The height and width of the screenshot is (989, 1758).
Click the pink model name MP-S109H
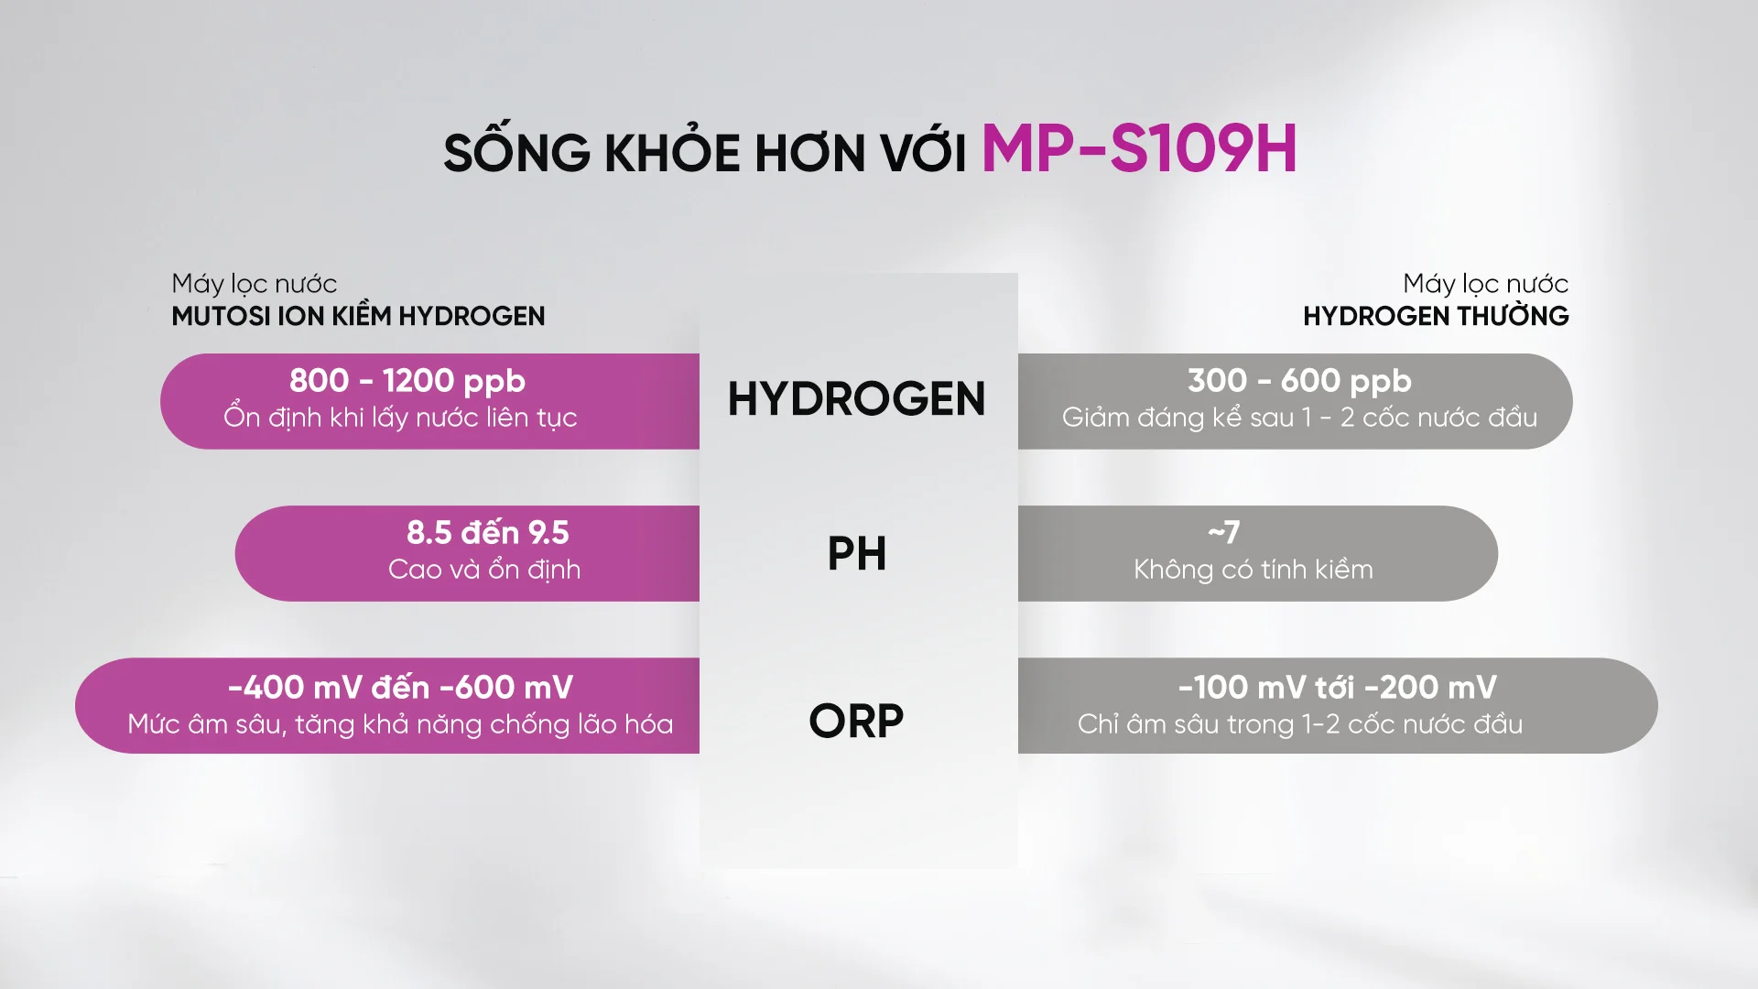(1138, 149)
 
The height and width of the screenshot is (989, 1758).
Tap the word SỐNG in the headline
(516, 152)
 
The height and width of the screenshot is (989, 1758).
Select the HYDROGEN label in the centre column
(856, 399)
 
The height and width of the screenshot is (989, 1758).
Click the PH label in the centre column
(856, 554)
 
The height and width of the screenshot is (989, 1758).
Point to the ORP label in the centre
(856, 722)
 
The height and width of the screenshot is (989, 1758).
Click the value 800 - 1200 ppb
(407, 381)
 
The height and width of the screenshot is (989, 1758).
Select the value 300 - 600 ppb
(1299, 381)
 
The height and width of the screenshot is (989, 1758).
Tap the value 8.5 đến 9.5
(487, 533)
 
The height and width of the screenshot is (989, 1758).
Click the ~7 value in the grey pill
(1223, 532)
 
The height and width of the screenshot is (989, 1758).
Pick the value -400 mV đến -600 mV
(400, 688)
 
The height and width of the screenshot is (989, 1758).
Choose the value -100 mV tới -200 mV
(1337, 688)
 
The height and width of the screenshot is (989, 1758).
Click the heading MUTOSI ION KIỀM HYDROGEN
(358, 317)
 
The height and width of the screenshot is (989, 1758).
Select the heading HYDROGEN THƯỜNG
(1436, 317)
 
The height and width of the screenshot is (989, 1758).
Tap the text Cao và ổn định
(484, 570)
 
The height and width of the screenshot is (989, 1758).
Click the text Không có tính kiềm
(1253, 570)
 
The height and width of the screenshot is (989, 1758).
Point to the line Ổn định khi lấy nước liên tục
(400, 418)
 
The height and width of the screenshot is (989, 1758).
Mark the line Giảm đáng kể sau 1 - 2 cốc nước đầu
(1299, 418)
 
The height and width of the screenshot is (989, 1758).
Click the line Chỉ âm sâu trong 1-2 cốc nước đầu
(1300, 724)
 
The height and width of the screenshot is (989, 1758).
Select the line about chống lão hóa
(400, 724)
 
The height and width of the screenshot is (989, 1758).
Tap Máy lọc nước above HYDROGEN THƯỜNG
(1485, 284)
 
